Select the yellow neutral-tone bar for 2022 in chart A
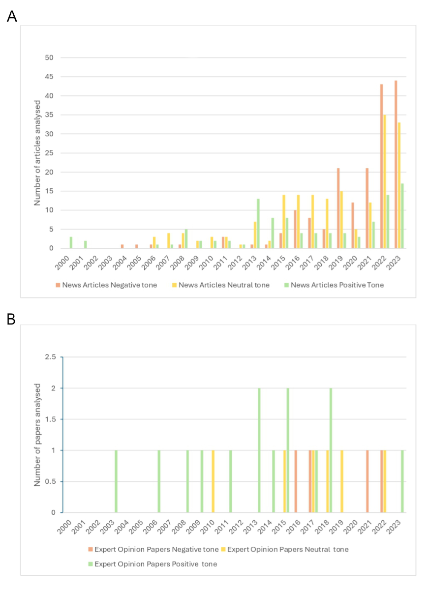385,182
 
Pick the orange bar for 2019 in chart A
338,208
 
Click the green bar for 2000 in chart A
71,243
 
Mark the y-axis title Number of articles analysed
37,153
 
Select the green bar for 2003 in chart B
116,481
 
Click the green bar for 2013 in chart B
259,450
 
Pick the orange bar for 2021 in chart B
367,481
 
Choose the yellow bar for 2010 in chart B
213,481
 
